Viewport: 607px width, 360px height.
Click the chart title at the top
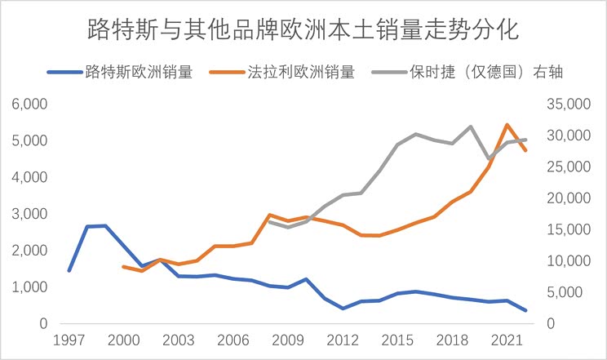(x=303, y=30)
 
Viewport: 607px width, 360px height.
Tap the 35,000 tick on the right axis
(x=566, y=104)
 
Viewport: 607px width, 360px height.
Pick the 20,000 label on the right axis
(x=566, y=198)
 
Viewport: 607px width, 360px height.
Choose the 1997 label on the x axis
(x=69, y=340)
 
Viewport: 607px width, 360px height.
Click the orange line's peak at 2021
(x=507, y=125)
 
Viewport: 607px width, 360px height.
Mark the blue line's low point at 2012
(x=343, y=309)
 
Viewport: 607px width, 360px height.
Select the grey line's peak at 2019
(x=471, y=127)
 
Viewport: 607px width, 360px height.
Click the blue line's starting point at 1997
(x=69, y=270)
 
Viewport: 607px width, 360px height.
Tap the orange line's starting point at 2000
(x=123, y=266)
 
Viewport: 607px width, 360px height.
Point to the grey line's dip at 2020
(x=489, y=158)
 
